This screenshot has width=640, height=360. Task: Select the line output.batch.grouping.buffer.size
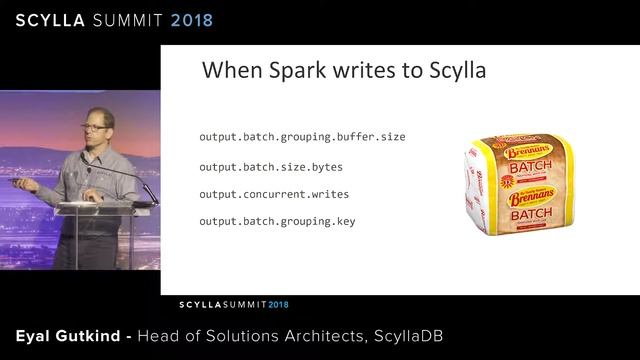coord(302,137)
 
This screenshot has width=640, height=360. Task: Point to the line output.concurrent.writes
coord(274,193)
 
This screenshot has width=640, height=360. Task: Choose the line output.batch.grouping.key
coord(277,221)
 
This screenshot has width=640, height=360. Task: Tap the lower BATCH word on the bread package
coord(524,214)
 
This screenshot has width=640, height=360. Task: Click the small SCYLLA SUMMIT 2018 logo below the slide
coord(233,302)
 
